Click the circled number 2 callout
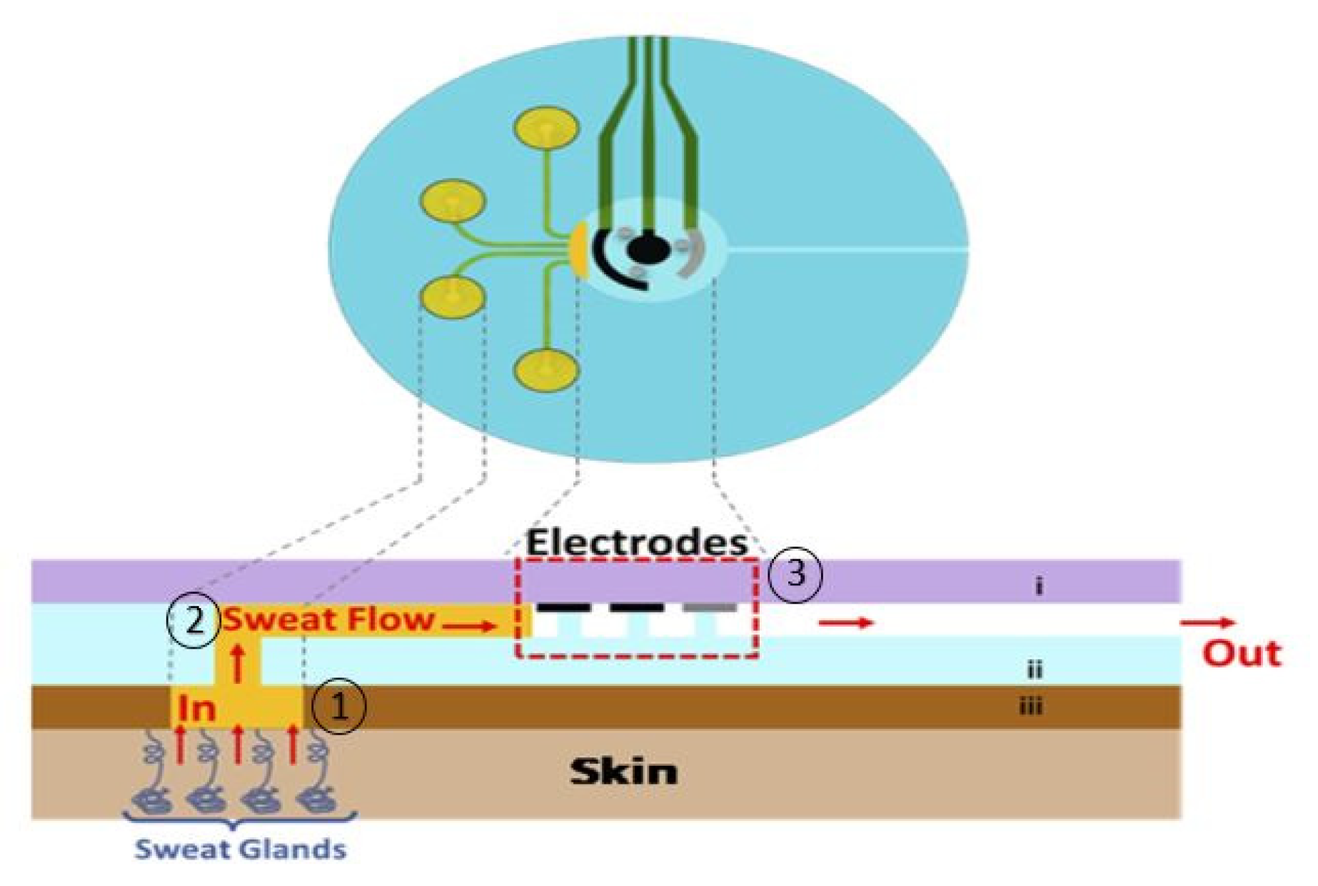pyautogui.click(x=193, y=620)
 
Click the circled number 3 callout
pyautogui.click(x=795, y=573)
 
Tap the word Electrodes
pyautogui.click(x=636, y=543)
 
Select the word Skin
pyautogui.click(x=623, y=772)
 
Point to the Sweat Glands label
pyautogui.click(x=241, y=850)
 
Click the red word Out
pyautogui.click(x=1242, y=654)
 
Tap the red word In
pyautogui.click(x=197, y=709)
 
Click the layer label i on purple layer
pyautogui.click(x=1039, y=586)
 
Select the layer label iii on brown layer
pyautogui.click(x=1030, y=707)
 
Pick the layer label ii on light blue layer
pyautogui.click(x=1035, y=670)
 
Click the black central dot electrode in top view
pyautogui.click(x=648, y=249)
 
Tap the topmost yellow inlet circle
pyautogui.click(x=545, y=128)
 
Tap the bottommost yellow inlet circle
pyautogui.click(x=545, y=369)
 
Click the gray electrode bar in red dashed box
pyautogui.click(x=709, y=608)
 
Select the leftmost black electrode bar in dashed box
pyautogui.click(x=563, y=608)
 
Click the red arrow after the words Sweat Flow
pyautogui.click(x=468, y=627)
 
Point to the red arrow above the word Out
pyautogui.click(x=1207, y=623)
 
